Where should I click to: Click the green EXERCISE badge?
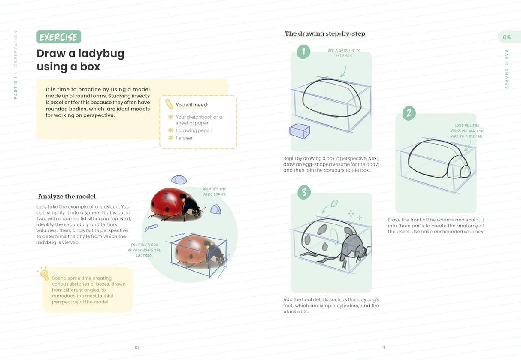[58, 37]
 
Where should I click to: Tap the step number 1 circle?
[303, 52]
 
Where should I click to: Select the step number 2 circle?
[409, 113]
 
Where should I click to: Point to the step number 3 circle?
[304, 192]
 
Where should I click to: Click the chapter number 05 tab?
[507, 37]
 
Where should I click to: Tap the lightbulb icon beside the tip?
[44, 273]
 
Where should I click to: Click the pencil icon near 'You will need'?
[169, 104]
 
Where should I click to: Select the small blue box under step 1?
[300, 131]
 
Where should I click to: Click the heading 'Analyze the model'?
[67, 197]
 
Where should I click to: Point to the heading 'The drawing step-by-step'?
[325, 33]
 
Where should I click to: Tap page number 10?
[136, 348]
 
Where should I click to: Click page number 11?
[383, 348]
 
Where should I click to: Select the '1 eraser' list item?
[184, 138]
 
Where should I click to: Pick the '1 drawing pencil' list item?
[194, 130]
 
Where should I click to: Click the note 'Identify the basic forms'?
[214, 191]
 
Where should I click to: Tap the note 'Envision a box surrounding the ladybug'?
[144, 250]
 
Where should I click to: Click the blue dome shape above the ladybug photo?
[179, 179]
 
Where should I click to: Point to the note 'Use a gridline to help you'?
[344, 53]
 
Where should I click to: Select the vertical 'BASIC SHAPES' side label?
[506, 69]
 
